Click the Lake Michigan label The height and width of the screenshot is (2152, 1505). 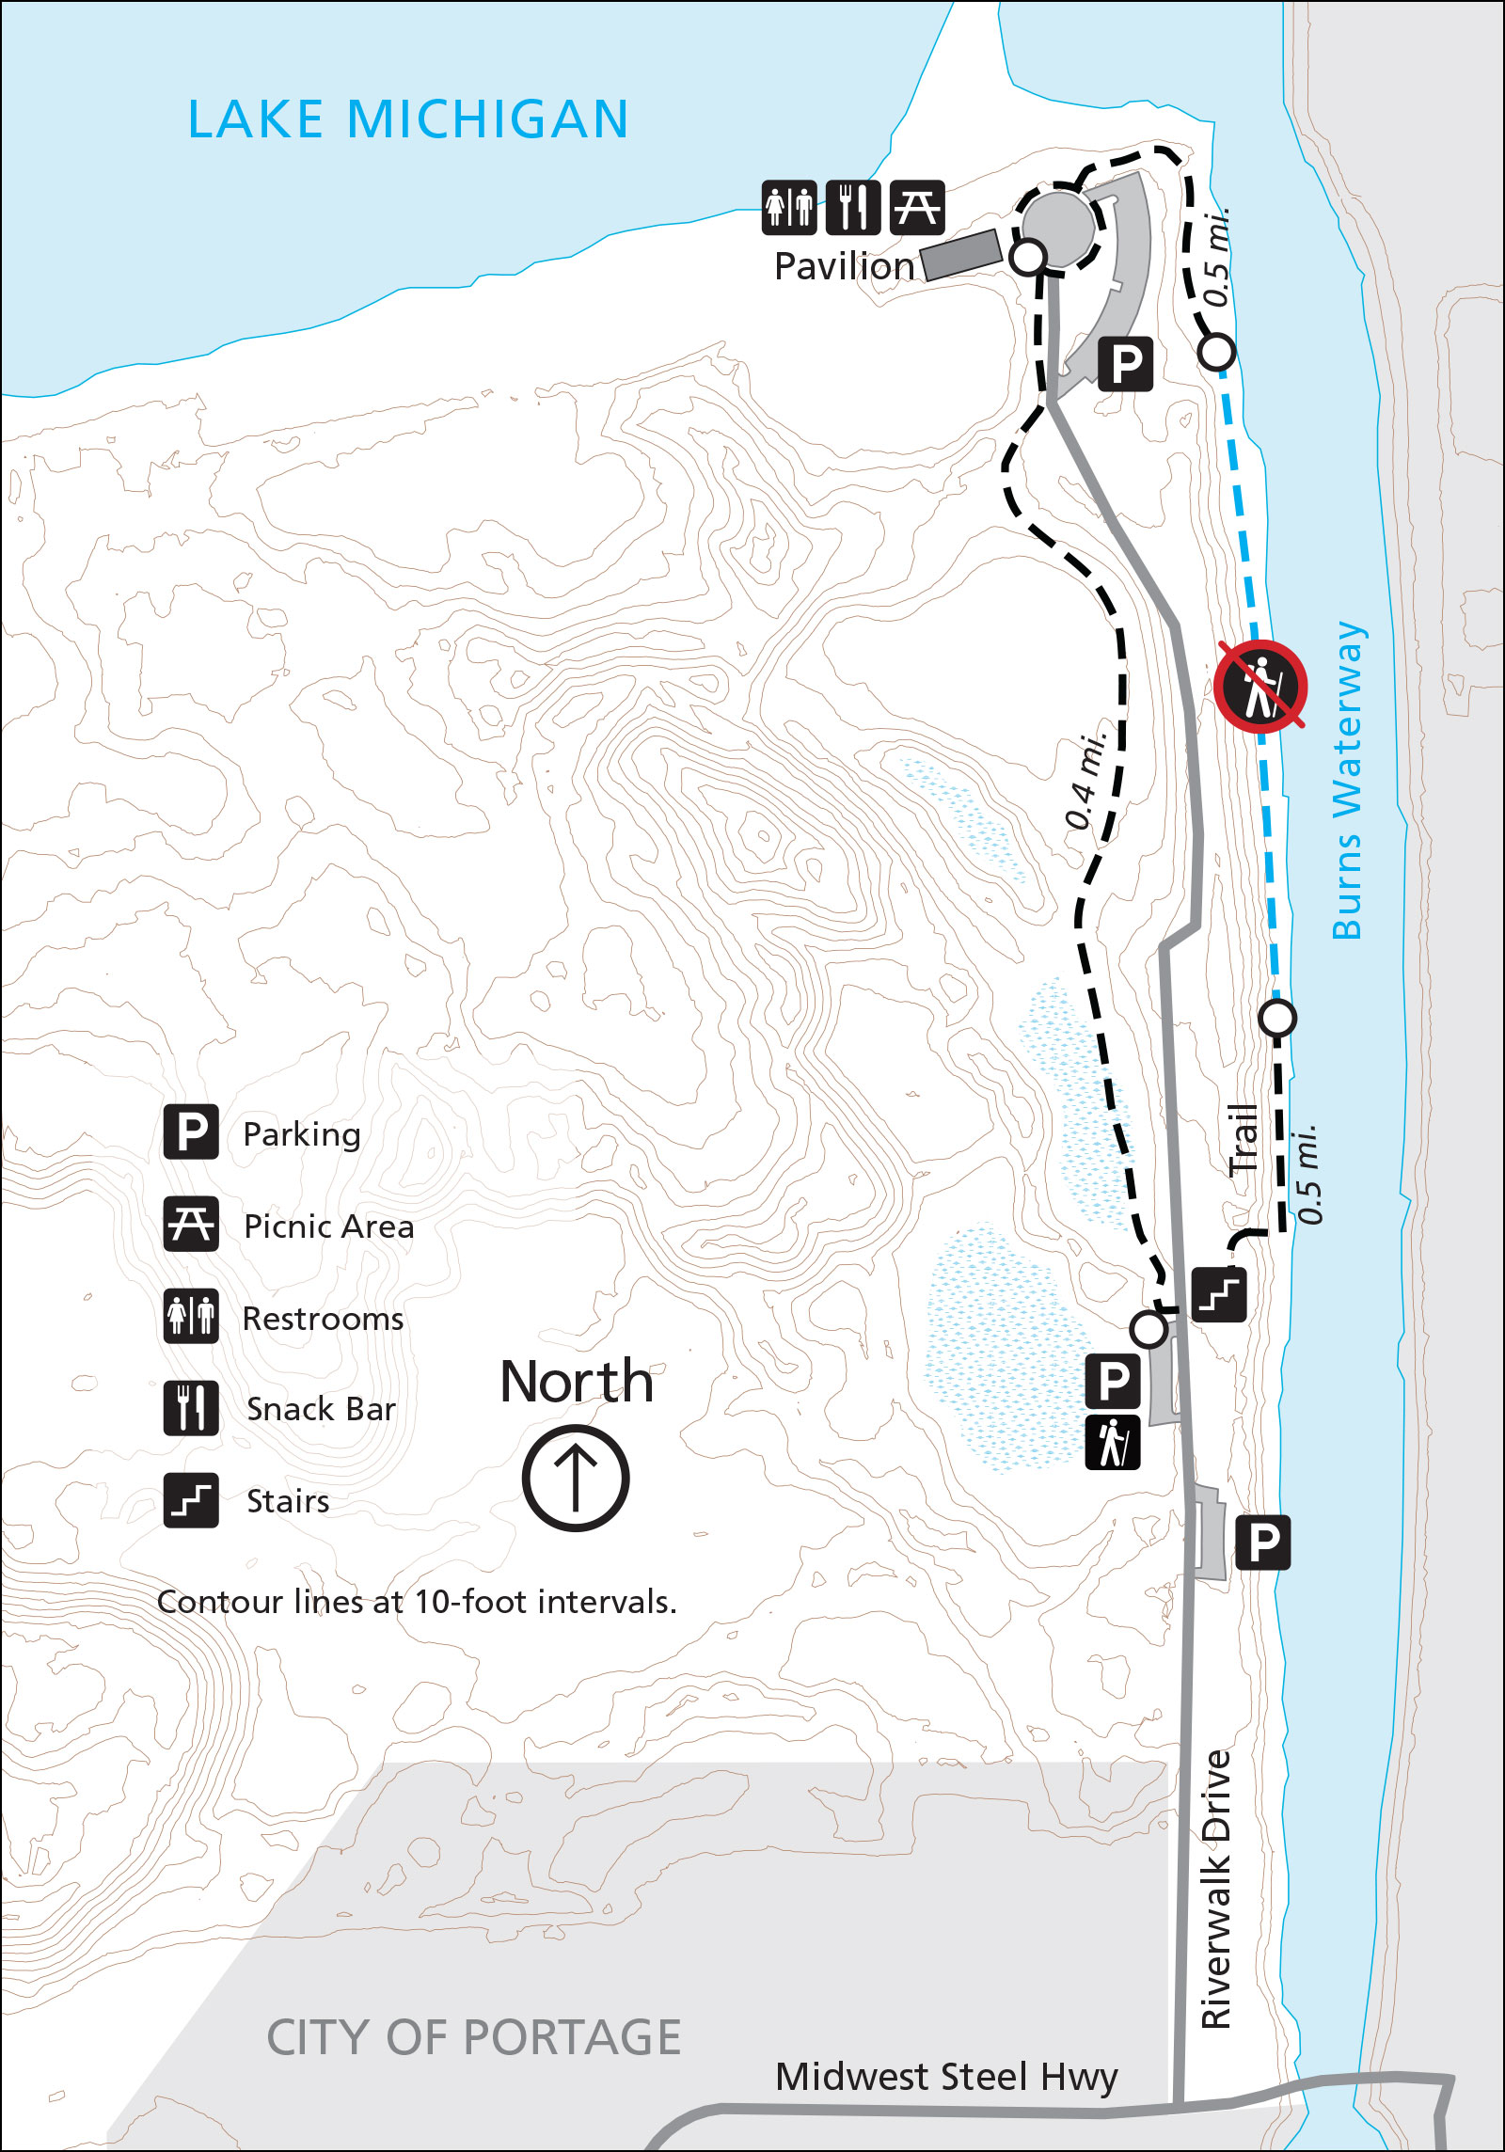click(x=408, y=119)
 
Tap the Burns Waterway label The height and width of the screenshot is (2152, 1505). click(x=1348, y=780)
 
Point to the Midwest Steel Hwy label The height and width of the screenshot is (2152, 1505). click(x=946, y=2076)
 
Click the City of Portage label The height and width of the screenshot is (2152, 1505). click(x=473, y=2037)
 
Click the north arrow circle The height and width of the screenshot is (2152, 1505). click(x=576, y=1478)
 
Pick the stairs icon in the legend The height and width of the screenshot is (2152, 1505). click(x=191, y=1500)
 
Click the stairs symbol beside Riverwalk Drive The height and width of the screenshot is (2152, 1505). click(x=1219, y=1294)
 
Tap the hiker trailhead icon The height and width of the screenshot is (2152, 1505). click(x=1113, y=1442)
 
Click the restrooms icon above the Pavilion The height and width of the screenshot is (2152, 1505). click(x=788, y=207)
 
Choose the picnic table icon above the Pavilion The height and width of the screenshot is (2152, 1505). click(x=916, y=207)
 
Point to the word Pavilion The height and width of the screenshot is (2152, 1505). click(x=844, y=267)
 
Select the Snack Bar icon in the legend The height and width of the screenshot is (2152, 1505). click(x=191, y=1408)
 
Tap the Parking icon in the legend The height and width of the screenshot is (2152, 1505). click(x=191, y=1131)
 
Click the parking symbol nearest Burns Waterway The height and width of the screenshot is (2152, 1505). click(x=1262, y=1543)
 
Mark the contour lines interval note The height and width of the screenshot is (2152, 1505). click(x=417, y=1602)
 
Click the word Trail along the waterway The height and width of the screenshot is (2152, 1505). click(x=1244, y=1139)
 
